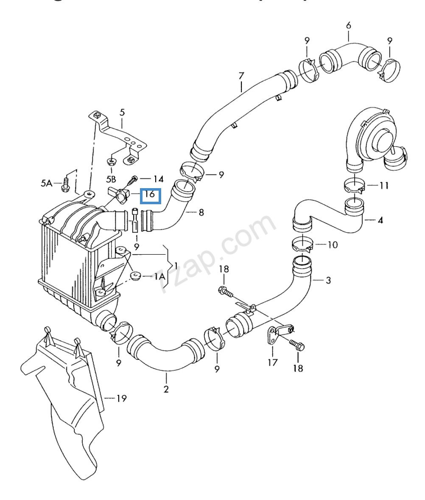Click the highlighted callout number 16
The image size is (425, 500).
click(x=150, y=195)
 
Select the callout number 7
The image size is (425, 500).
click(x=241, y=77)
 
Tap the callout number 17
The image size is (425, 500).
click(x=272, y=362)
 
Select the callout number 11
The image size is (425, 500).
click(x=384, y=186)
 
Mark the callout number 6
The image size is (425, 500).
click(x=348, y=25)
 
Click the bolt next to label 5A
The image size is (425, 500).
click(x=65, y=183)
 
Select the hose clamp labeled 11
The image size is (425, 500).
click(x=354, y=185)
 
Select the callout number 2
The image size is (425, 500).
click(x=166, y=388)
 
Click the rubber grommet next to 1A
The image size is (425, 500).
click(x=136, y=277)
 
